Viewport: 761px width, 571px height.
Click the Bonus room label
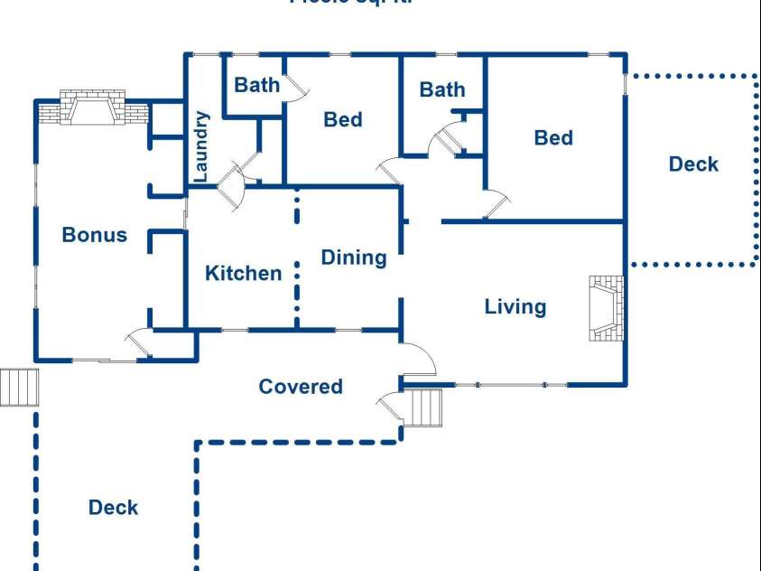(94, 235)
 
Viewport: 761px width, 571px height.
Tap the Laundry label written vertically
(201, 145)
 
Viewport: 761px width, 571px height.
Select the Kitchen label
(243, 273)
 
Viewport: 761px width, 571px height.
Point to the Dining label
(353, 257)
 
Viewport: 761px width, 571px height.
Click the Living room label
(515, 306)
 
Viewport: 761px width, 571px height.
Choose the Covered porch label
(301, 387)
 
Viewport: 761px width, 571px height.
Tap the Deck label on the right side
(693, 164)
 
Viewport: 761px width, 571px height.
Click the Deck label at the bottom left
(113, 507)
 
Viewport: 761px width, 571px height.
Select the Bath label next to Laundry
(256, 85)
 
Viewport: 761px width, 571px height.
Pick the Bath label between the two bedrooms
(442, 89)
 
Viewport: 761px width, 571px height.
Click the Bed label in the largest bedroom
(552, 137)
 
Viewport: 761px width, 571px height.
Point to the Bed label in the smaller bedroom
(343, 119)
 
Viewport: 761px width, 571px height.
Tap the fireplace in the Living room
(606, 308)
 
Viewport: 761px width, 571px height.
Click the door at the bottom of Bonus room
(139, 342)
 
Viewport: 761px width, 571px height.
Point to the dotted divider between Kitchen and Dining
(296, 257)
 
